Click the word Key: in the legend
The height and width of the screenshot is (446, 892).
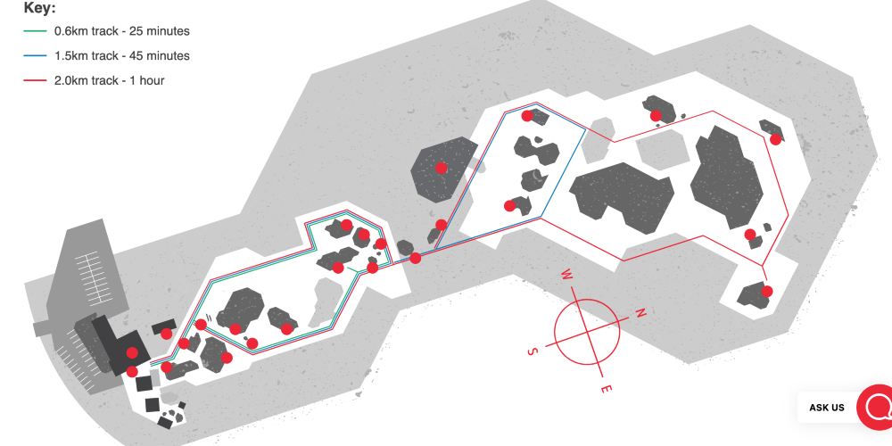click(39, 9)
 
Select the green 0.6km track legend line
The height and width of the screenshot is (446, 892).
click(35, 30)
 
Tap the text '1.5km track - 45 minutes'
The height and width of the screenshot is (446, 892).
click(121, 55)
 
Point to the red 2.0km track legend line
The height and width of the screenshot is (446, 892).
click(35, 81)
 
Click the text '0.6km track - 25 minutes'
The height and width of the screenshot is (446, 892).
click(121, 30)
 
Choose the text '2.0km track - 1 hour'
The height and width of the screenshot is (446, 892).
click(109, 81)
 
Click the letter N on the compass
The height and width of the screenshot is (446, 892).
click(640, 312)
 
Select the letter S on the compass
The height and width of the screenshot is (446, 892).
click(533, 351)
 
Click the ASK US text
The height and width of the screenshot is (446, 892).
click(827, 408)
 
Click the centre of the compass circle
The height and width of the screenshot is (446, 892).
click(587, 331)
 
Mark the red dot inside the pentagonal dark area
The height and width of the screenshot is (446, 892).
click(441, 168)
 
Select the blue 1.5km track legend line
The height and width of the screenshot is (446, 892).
click(35, 55)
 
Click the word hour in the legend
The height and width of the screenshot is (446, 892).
click(152, 81)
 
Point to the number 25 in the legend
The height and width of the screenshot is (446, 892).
click(137, 30)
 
